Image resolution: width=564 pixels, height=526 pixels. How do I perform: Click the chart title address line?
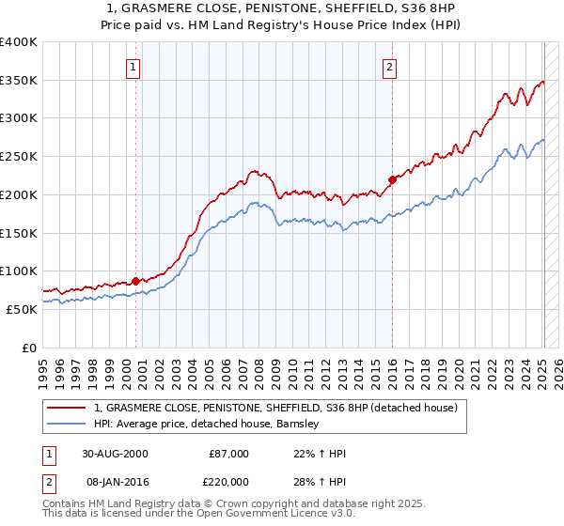click(x=282, y=8)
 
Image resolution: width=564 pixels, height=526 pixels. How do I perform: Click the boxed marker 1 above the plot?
click(x=134, y=67)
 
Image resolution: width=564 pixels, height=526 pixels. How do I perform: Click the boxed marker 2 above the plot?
click(x=389, y=67)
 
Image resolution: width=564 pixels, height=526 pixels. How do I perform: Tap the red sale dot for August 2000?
click(x=136, y=280)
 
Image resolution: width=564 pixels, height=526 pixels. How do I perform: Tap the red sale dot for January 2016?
click(x=392, y=178)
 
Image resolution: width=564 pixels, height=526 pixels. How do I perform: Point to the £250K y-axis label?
click(x=19, y=156)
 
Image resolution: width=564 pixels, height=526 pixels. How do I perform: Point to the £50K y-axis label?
click(x=23, y=308)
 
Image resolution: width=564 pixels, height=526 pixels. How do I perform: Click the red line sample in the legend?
click(x=67, y=408)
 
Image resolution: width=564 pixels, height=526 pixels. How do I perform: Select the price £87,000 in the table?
click(x=228, y=454)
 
